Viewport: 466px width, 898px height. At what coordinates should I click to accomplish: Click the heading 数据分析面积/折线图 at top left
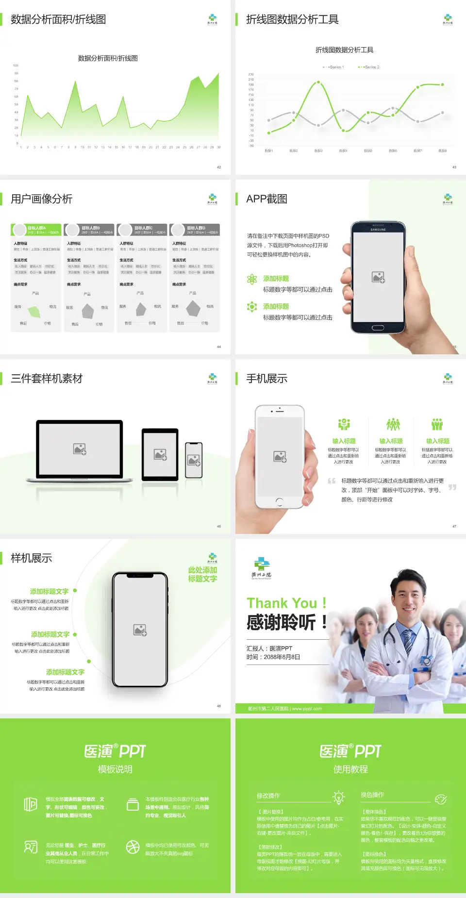point(58,19)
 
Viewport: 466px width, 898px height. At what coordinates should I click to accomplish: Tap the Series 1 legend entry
point(334,67)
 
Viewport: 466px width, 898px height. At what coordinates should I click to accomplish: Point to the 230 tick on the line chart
point(251,74)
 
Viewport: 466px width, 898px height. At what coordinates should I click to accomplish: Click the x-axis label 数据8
point(442,151)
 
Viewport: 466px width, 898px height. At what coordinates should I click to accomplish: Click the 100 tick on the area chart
point(16,66)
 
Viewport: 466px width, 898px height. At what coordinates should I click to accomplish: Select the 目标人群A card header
point(36,229)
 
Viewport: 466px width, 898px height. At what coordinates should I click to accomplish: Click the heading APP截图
point(266,199)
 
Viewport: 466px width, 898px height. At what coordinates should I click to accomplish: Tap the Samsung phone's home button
point(378,328)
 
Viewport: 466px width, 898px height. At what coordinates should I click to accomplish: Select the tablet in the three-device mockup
point(160,454)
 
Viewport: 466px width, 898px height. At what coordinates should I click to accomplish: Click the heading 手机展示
point(266,379)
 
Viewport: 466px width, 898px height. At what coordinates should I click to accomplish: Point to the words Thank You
point(282,603)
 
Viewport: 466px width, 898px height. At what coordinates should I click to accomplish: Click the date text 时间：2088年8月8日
point(273,657)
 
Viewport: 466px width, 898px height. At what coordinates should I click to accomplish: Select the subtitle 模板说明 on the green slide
point(115,769)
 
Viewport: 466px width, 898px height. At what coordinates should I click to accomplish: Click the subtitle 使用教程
point(350,769)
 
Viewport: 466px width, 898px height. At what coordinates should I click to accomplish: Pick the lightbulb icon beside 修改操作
point(338,797)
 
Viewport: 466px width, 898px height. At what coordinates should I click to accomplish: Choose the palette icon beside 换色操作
point(440,799)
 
